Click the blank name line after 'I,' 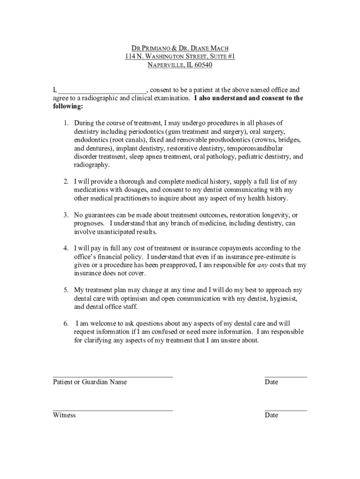(x=102, y=90)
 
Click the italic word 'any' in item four (x=263, y=265)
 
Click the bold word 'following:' (x=68, y=107)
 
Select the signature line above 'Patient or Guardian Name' (x=113, y=376)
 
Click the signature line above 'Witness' (x=113, y=409)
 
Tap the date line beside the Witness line (x=286, y=409)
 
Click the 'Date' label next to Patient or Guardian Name (x=271, y=382)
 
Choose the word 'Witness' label (x=64, y=415)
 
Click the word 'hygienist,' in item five (x=278, y=298)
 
